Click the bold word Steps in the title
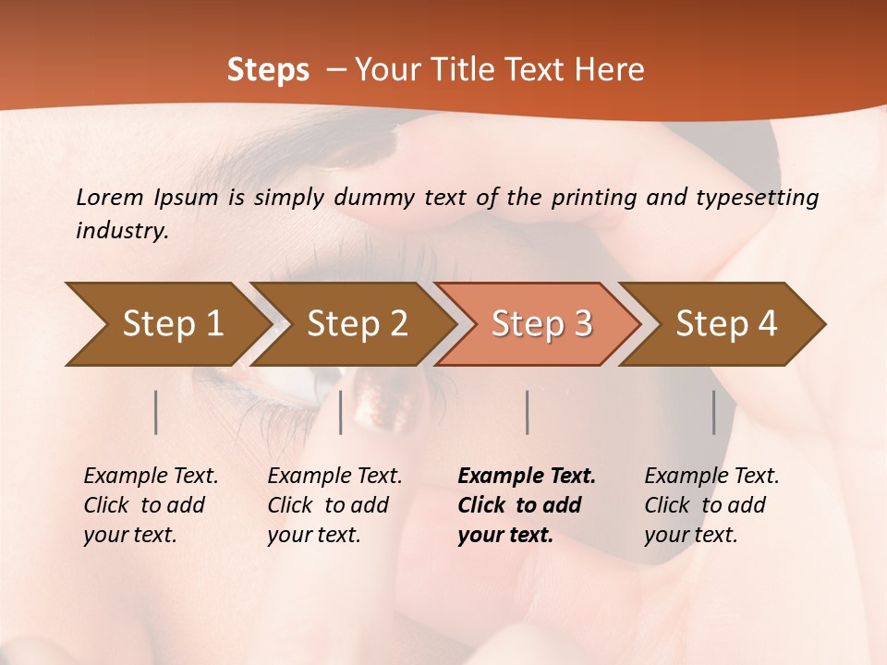tap(268, 70)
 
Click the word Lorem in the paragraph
tap(110, 197)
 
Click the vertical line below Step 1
tap(156, 412)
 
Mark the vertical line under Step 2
tap(341, 412)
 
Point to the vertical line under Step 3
tap(527, 412)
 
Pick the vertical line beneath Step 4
tap(714, 412)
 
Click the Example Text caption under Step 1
tap(151, 505)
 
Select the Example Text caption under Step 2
tap(334, 505)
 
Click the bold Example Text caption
tap(527, 505)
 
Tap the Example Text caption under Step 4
tap(711, 505)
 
